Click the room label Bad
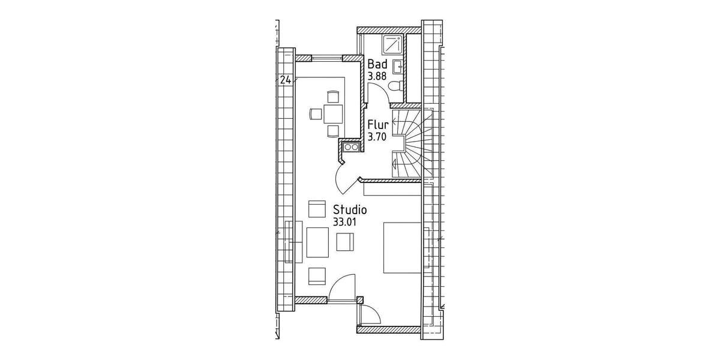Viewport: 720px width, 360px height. [x=377, y=64]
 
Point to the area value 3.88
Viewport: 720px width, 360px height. [x=377, y=76]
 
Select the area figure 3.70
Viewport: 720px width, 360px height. [x=377, y=137]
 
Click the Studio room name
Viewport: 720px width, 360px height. [x=350, y=210]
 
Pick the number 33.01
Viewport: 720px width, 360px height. [x=344, y=221]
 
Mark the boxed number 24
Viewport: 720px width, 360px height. [x=286, y=79]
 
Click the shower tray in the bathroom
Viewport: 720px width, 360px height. [x=393, y=44]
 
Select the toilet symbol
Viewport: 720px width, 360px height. [x=395, y=88]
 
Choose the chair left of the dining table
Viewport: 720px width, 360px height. [x=316, y=113]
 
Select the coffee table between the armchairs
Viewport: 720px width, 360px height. [x=317, y=242]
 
